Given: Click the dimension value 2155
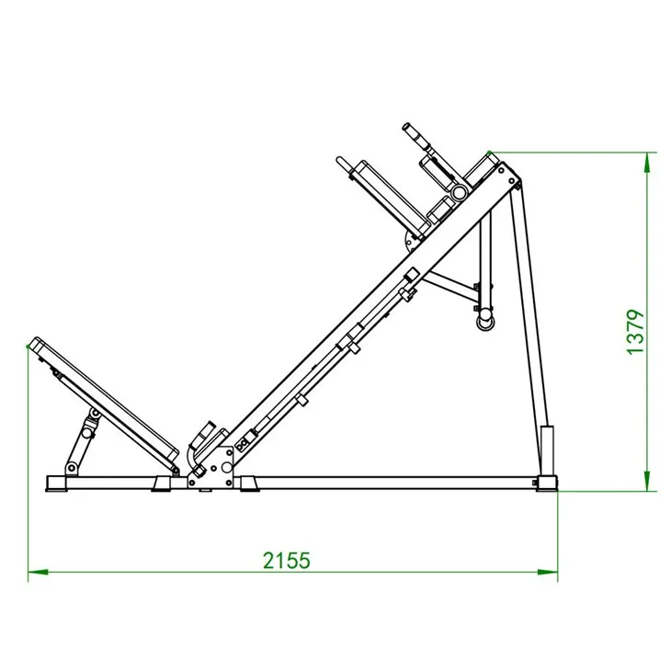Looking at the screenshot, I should pos(286,559).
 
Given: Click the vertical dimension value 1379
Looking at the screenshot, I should pos(636,332).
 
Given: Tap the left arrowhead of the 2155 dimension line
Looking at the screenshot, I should pos(36,574).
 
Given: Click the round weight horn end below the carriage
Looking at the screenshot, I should pos(483,320).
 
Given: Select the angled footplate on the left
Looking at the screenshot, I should pos(101,399).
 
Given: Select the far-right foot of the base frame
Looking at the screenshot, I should pos(546,483).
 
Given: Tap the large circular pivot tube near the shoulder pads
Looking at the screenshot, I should pos(457,191).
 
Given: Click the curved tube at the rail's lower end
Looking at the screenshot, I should pos(192,456).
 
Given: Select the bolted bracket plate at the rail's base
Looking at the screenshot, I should pos(221,469).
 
